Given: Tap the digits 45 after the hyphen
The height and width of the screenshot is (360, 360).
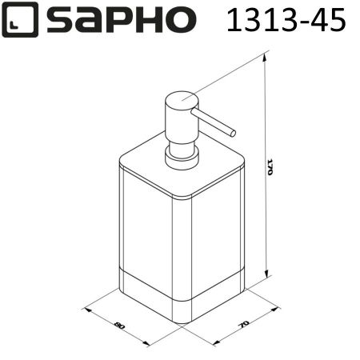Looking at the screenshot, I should (329, 20).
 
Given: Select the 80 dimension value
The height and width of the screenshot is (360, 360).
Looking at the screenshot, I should (120, 326).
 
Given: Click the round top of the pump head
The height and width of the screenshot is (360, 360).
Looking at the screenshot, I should (181, 100).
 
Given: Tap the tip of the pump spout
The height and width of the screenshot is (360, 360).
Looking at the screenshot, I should (232, 131).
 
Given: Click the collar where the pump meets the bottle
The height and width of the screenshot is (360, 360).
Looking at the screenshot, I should (182, 158).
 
